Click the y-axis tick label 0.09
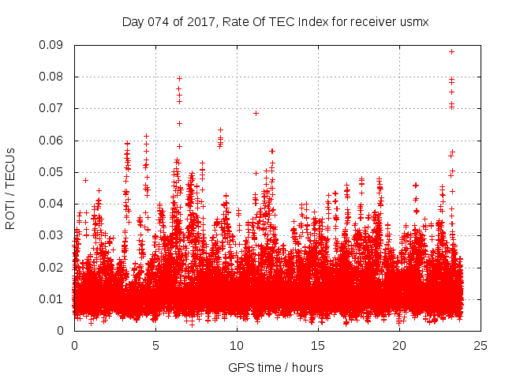point(54,45)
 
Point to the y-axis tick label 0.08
point(54,77)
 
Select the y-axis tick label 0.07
point(54,108)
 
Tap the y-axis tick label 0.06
point(54,141)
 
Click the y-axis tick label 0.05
point(54,172)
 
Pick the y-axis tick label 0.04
point(54,204)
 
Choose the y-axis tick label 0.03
point(54,235)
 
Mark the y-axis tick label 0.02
point(54,267)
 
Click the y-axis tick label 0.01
point(54,298)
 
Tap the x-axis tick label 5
point(155,345)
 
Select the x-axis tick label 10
point(237,345)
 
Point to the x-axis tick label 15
point(318,345)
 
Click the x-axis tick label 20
point(399,345)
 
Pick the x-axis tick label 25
point(481,345)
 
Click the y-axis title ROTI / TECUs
point(11,188)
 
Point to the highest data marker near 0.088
point(451,51)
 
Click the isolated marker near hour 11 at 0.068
point(256,113)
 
